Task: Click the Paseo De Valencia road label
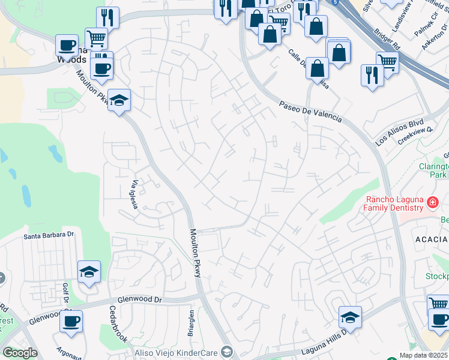[310, 112]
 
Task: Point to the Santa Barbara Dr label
[48, 236]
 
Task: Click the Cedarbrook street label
[118, 325]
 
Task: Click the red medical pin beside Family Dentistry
[432, 204]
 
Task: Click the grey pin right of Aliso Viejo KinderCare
[226, 351]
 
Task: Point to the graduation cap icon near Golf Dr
[89, 272]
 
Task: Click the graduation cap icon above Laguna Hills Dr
[351, 316]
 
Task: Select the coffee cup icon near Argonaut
[71, 320]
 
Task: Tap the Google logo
[20, 353]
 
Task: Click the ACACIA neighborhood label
[432, 239]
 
